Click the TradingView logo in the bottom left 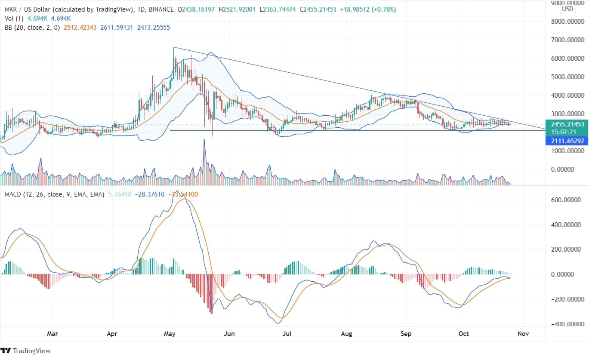click(x=25, y=351)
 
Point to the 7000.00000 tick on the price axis click(x=567, y=40)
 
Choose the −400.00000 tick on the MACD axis click(x=567, y=324)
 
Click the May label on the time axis click(x=170, y=333)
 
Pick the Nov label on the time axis click(x=523, y=333)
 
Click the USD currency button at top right click(x=567, y=9)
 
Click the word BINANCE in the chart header click(x=160, y=9)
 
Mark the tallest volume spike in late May click(x=204, y=140)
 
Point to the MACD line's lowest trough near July click(x=278, y=323)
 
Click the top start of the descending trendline click(x=173, y=47)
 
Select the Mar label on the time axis click(x=52, y=333)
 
